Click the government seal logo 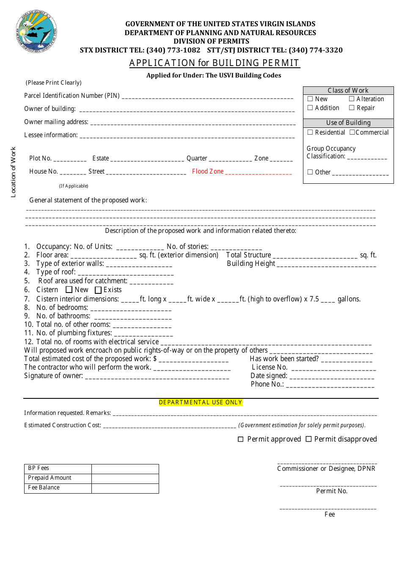pyautogui.click(x=36, y=32)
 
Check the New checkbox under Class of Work pyautogui.click(x=310, y=99)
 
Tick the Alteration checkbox pyautogui.click(x=352, y=99)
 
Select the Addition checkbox pyautogui.click(x=310, y=108)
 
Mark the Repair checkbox pyautogui.click(x=352, y=108)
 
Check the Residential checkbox pyautogui.click(x=310, y=133)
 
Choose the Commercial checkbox pyautogui.click(x=352, y=133)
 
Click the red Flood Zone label pyautogui.click(x=208, y=171)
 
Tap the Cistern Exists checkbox pyautogui.click(x=98, y=290)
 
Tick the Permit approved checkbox pyautogui.click(x=241, y=439)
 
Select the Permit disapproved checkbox pyautogui.click(x=308, y=439)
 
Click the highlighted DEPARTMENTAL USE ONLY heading pyautogui.click(x=201, y=403)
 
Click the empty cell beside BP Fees pyautogui.click(x=125, y=469)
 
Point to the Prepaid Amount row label pyautogui.click(x=50, y=478)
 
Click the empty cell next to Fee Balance pyautogui.click(x=125, y=488)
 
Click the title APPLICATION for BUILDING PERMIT pyautogui.click(x=214, y=63)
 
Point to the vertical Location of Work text pyautogui.click(x=13, y=172)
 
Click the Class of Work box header pyautogui.click(x=348, y=91)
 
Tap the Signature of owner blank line pyautogui.click(x=157, y=377)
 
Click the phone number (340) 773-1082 pyautogui.click(x=173, y=50)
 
